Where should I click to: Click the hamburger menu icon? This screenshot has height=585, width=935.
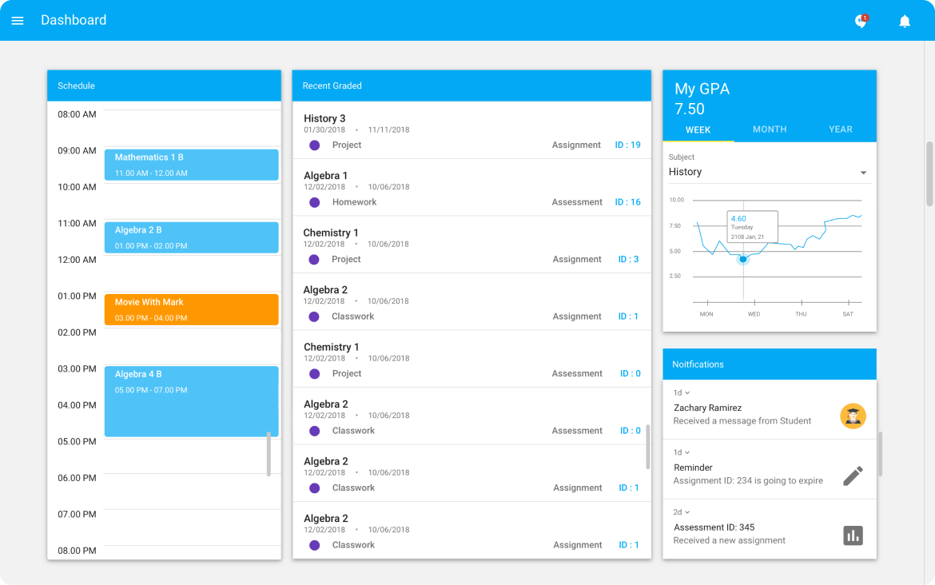click(18, 21)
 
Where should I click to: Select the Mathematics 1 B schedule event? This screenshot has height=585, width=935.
click(191, 165)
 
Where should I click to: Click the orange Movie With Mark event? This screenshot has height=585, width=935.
click(191, 309)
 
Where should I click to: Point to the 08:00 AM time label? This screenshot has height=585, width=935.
click(77, 114)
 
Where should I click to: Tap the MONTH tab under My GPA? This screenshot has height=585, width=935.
click(770, 129)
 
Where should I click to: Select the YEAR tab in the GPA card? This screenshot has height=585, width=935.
click(841, 129)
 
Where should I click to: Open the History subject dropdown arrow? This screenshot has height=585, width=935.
click(863, 173)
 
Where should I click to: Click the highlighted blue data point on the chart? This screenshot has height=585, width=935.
click(743, 259)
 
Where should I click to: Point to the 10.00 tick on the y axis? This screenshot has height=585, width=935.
click(676, 200)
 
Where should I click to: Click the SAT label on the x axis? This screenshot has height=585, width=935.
click(848, 314)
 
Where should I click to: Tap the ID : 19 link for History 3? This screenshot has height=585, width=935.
click(627, 145)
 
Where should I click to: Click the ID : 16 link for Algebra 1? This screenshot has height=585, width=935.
click(627, 202)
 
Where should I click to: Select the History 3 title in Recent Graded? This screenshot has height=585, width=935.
click(324, 118)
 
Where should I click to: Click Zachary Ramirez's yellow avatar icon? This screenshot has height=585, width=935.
click(853, 416)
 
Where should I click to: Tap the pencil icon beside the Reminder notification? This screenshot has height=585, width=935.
click(853, 476)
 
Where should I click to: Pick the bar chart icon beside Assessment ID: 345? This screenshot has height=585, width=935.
click(853, 535)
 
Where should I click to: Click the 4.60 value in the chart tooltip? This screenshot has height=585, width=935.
click(738, 218)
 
